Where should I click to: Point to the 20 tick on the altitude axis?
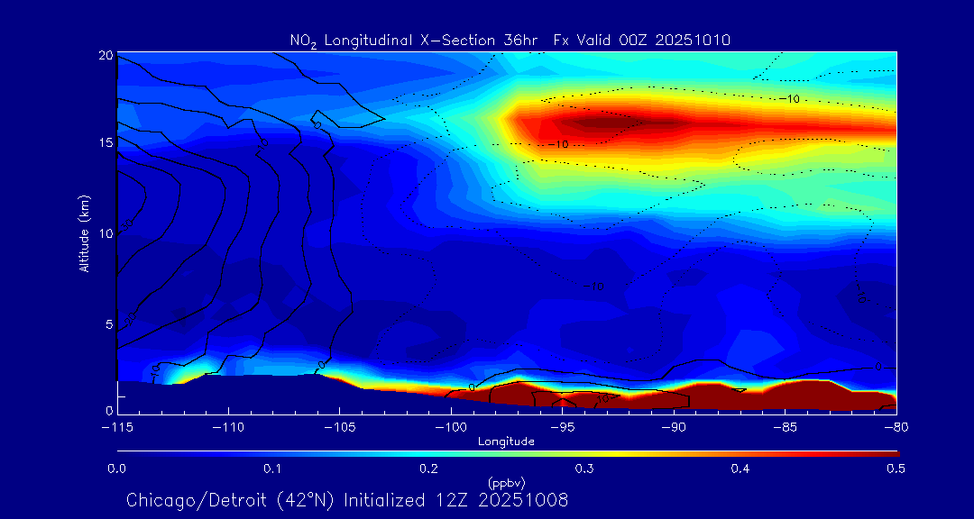point(106,56)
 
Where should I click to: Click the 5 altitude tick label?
point(109,323)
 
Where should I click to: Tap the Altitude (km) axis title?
point(84,233)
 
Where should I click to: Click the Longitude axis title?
point(506,442)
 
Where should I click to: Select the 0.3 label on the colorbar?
point(584,469)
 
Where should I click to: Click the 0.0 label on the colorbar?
point(116,469)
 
